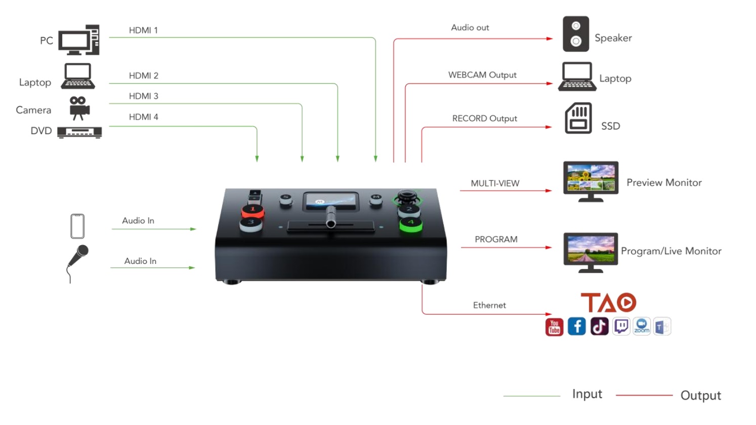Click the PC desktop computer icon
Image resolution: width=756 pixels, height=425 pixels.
pos(79,40)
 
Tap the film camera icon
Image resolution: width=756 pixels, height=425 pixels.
pos(79,108)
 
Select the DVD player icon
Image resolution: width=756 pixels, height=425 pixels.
pos(79,132)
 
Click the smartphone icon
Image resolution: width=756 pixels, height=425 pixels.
pos(77,226)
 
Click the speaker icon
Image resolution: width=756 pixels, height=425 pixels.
pos(576,34)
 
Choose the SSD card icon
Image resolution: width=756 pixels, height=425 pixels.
pos(578,118)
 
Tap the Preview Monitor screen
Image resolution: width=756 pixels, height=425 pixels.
pos(591,178)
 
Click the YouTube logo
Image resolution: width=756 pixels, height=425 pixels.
pos(554,327)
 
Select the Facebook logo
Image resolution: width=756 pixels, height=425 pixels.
pos(577,326)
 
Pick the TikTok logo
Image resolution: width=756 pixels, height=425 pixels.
pos(600,326)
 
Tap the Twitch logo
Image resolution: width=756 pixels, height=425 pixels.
pos(621,326)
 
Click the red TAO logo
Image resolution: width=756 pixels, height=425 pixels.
pos(609,302)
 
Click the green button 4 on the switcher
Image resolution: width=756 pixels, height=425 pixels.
pos(411,224)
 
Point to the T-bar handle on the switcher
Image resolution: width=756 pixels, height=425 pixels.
pos(331,217)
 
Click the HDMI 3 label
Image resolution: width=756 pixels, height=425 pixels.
pos(143,96)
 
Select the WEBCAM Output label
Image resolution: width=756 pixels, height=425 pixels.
pos(482,75)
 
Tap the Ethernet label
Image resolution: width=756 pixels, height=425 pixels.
pos(489,305)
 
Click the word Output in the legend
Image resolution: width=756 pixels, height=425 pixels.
pos(701,396)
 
